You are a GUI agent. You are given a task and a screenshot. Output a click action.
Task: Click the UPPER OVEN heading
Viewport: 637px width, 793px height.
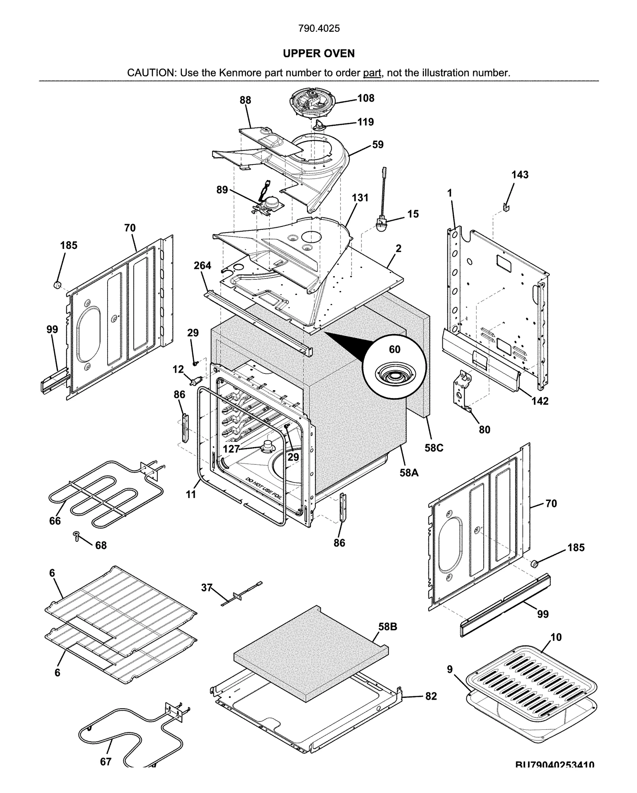pos(318,53)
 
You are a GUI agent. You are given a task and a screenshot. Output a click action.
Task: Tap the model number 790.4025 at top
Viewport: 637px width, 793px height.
pos(318,29)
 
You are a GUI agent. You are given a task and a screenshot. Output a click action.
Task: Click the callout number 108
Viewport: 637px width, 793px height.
pos(365,98)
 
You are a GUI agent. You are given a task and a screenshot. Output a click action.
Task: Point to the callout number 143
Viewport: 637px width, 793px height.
pos(520,175)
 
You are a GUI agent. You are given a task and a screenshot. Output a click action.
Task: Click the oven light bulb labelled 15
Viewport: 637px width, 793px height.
pos(382,222)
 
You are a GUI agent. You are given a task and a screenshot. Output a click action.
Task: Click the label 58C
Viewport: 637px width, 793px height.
pos(434,448)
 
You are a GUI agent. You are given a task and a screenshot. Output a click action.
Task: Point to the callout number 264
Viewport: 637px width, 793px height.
pos(202,266)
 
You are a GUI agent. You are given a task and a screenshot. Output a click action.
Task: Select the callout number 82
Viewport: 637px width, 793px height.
pos(431,696)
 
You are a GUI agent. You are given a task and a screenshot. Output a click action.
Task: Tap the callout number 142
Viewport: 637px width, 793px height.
pos(540,401)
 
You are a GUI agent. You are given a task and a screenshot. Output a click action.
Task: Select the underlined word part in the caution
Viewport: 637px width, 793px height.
pos(372,73)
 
